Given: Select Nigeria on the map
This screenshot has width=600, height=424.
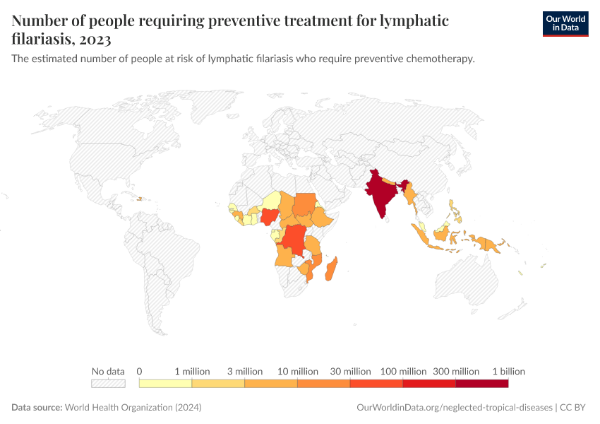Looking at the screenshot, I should pyautogui.click(x=269, y=216).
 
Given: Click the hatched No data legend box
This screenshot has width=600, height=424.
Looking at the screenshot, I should pyautogui.click(x=108, y=384).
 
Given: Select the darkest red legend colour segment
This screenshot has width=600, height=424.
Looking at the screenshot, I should pyautogui.click(x=481, y=384).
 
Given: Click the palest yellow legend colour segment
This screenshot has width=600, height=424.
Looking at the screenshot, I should pyautogui.click(x=165, y=384).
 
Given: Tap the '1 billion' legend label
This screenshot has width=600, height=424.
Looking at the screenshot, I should pyautogui.click(x=508, y=371).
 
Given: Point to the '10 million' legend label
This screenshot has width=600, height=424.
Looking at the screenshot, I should pyautogui.click(x=297, y=371).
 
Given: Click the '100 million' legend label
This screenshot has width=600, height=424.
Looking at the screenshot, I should pyautogui.click(x=403, y=371).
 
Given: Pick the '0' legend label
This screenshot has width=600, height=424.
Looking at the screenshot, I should pyautogui.click(x=140, y=371).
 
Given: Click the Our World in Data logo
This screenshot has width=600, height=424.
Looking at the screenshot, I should pyautogui.click(x=565, y=23).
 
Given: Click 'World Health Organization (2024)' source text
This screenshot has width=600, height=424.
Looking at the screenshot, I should pyautogui.click(x=133, y=408).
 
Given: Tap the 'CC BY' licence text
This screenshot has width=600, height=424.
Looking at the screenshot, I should pyautogui.click(x=573, y=408).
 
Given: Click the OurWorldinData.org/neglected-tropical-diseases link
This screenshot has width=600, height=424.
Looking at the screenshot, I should pyautogui.click(x=455, y=408).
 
